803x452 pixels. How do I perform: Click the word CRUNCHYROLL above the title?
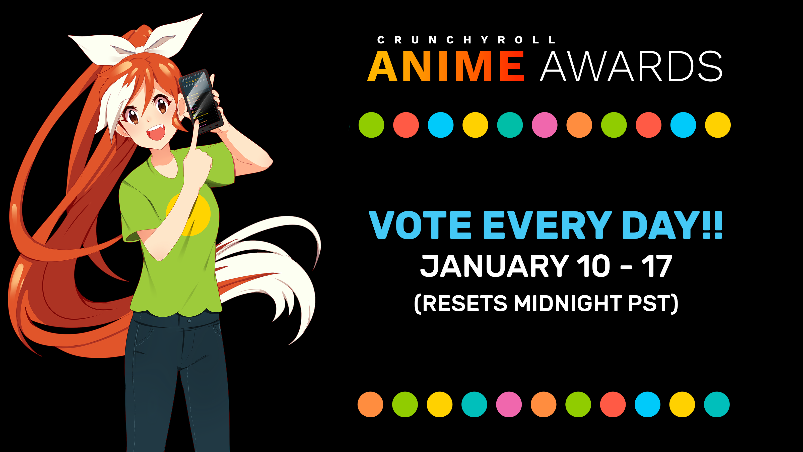click(x=466, y=40)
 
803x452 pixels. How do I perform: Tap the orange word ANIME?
click(x=446, y=66)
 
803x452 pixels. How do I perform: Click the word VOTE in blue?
click(x=420, y=225)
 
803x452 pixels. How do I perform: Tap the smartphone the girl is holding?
click(x=201, y=101)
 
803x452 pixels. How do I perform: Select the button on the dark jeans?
click(x=189, y=321)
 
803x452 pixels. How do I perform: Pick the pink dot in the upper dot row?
click(x=545, y=125)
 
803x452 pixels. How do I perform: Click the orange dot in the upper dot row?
click(x=579, y=125)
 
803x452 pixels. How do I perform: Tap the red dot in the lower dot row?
click(x=613, y=405)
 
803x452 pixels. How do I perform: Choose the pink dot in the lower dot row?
click(x=509, y=405)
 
